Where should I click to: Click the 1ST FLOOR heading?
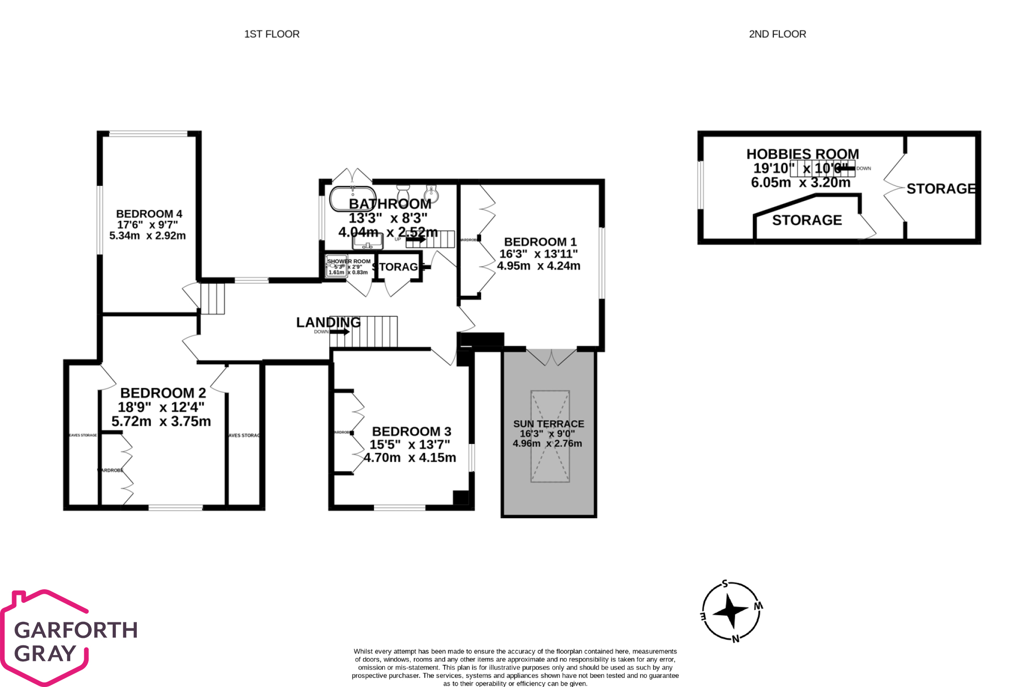coord(272,34)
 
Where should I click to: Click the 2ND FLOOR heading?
coord(777,34)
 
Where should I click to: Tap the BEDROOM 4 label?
coord(149,214)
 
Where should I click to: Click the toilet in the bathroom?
coord(403,193)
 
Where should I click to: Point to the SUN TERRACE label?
coord(548,424)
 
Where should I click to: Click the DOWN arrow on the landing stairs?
coord(340,332)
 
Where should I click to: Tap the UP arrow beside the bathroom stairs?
coord(416,240)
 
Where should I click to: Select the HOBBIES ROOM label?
coord(802,154)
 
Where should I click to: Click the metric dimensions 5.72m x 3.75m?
coord(161,421)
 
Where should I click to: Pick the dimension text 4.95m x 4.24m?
coord(538,266)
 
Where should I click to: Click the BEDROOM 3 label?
coord(411,431)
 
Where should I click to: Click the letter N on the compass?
coord(735,639)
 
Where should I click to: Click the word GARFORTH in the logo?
coord(76,630)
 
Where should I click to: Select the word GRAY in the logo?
coord(45,653)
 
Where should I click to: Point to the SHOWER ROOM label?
coord(349,262)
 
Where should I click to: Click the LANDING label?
coord(328,322)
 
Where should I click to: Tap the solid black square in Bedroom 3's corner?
coord(461,498)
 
